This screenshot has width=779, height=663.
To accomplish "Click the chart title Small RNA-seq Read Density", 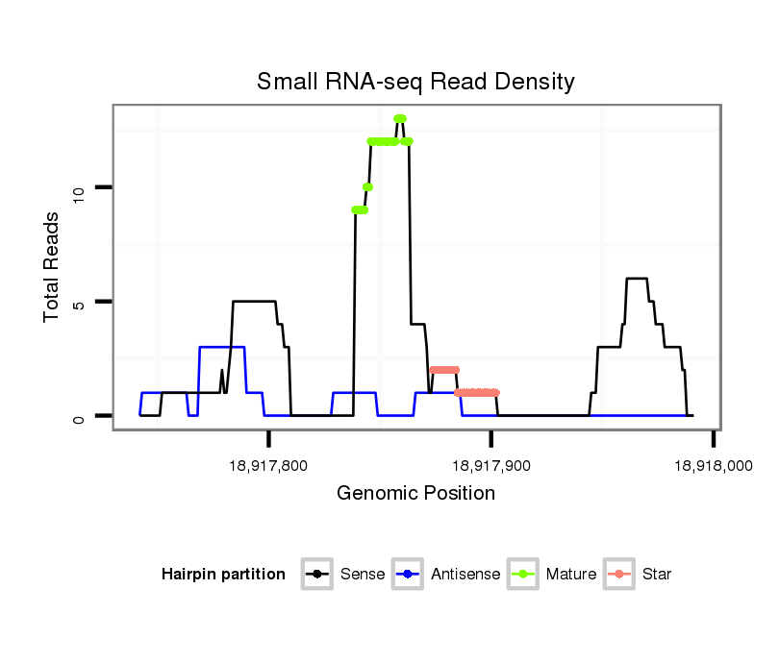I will point(415,82).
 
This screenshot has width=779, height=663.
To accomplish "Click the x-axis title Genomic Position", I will point(415,494).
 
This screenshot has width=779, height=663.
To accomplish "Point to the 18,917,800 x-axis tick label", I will point(269,465).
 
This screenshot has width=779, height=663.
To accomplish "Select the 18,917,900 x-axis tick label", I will point(491,465).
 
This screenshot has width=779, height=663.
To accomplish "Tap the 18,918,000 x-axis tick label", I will point(713,465).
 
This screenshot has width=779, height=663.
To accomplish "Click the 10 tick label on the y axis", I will point(80,189).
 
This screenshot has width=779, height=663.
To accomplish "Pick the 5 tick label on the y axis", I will point(80,303).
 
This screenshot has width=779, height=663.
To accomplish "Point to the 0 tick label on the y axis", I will point(80,416).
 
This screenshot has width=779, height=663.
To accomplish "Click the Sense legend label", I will point(363,575).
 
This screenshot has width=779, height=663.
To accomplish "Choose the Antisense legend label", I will point(465,575).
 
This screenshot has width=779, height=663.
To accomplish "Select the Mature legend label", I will point(570,575).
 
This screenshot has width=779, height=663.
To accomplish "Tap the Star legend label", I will point(656,575).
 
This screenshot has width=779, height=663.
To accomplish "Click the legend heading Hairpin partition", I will point(223,575).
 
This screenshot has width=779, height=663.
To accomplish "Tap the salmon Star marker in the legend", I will point(620,575).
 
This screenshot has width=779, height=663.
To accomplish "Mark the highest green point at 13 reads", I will point(400,119).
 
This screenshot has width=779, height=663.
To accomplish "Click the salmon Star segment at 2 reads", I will point(444,370).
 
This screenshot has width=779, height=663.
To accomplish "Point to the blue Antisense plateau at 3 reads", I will point(222,347).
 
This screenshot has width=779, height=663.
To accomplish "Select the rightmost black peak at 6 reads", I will point(637,279).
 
